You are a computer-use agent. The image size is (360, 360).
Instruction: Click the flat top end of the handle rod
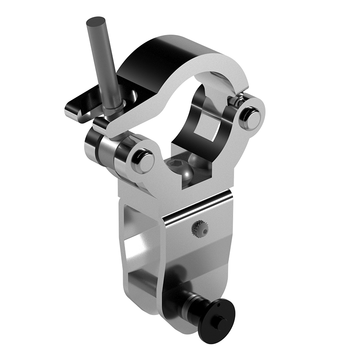pos(96,22)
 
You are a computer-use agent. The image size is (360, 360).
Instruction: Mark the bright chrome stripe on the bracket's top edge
pos(197,206)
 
